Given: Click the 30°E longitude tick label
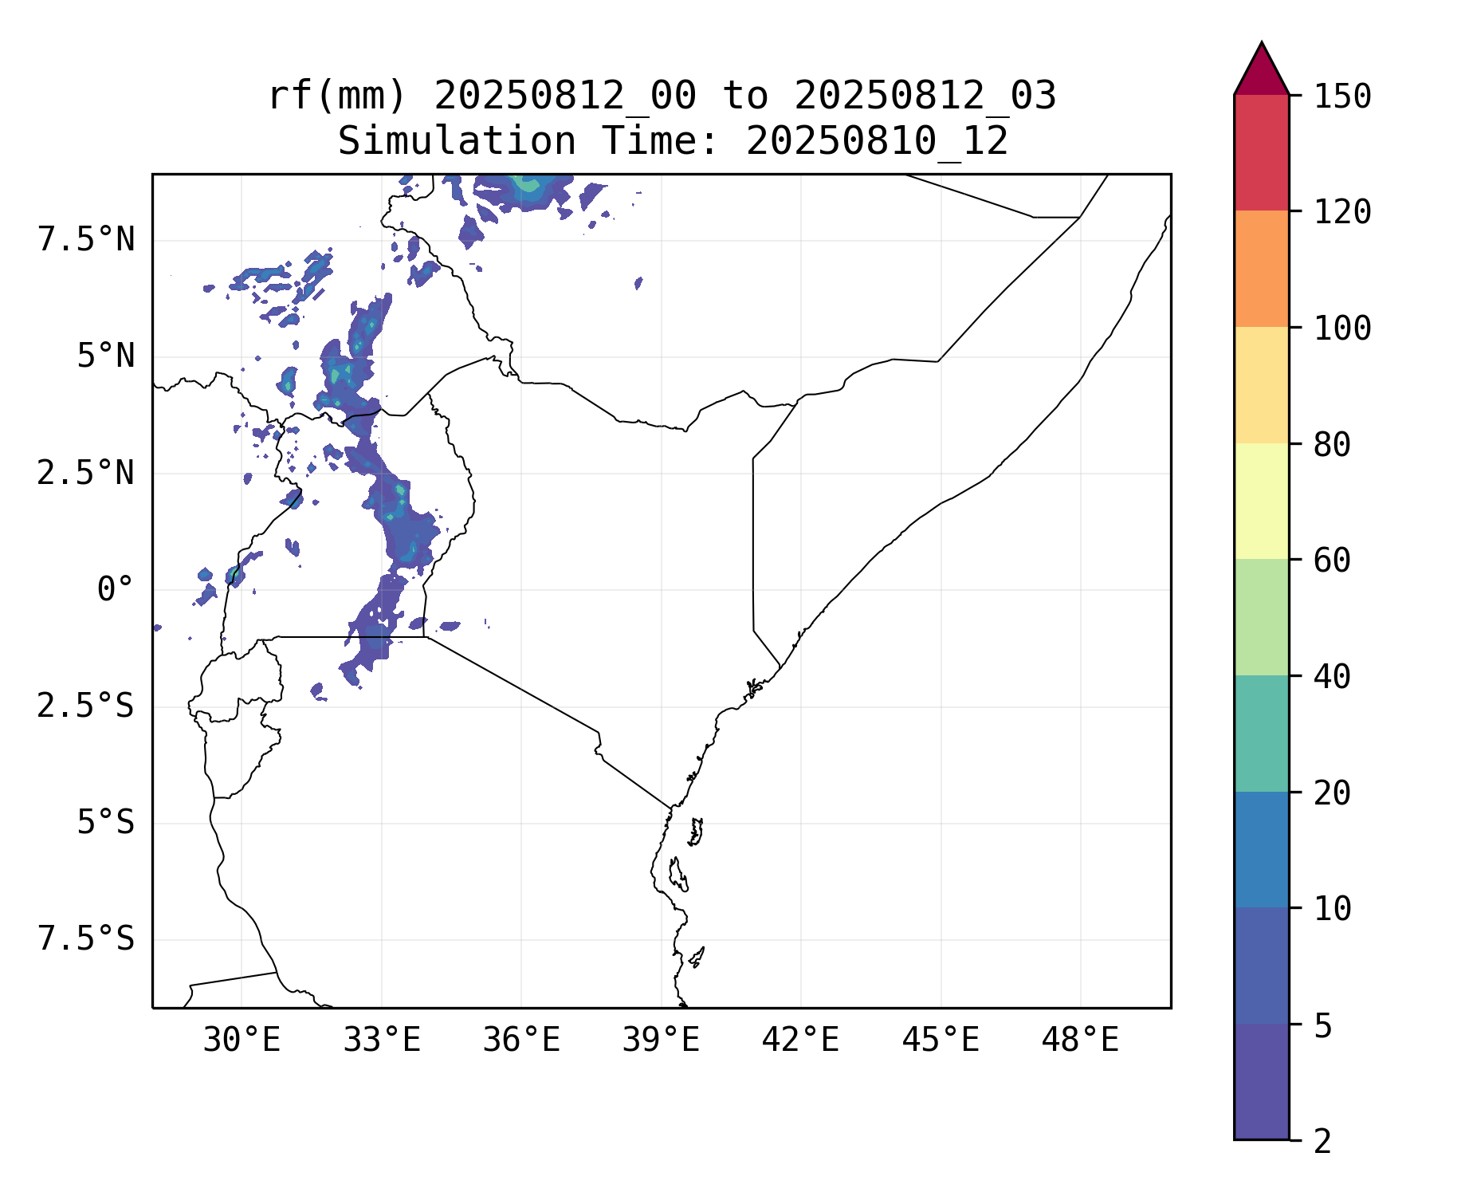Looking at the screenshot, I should tap(242, 1041).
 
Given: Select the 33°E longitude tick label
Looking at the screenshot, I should tap(382, 1041).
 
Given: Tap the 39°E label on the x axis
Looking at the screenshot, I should tap(661, 1041).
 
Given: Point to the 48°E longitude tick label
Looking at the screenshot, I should tap(1080, 1041).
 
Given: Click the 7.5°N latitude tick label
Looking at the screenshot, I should tap(86, 240).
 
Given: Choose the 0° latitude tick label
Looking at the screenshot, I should tap(115, 590).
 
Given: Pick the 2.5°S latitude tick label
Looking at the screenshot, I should tap(86, 706).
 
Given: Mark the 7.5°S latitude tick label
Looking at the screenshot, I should tap(86, 939).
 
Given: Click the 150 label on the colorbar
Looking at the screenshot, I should tap(1342, 96).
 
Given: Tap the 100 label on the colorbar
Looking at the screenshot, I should tap(1342, 328).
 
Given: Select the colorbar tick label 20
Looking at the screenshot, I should tap(1332, 793).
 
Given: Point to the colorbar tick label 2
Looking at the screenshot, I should tap(1322, 1141).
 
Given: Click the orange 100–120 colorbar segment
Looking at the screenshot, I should tap(1261, 269).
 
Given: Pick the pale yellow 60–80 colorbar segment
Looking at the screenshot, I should tap(1261, 501).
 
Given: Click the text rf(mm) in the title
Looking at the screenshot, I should tap(337, 96).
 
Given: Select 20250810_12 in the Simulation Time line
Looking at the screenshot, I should tap(877, 142).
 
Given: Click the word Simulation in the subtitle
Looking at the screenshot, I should tap(457, 142).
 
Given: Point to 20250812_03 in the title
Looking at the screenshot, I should tap(925, 96).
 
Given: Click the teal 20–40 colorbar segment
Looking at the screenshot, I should tap(1261, 734).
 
